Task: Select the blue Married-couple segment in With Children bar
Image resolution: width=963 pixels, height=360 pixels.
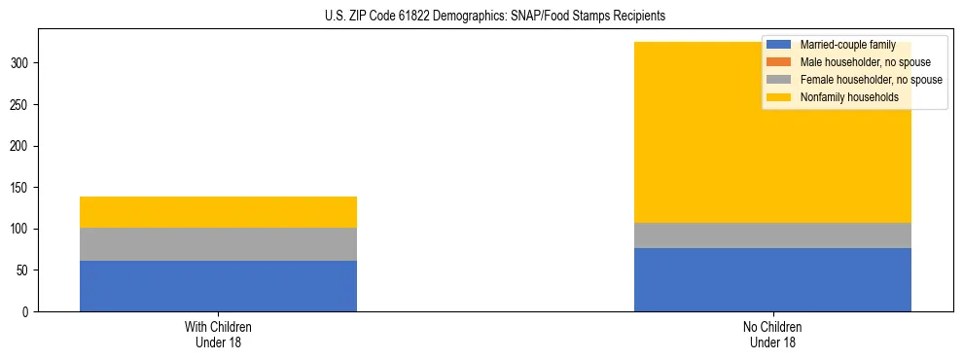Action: (218, 286)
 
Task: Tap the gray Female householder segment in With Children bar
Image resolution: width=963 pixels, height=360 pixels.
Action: (218, 244)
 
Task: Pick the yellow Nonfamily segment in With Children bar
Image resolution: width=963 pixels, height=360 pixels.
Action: (218, 212)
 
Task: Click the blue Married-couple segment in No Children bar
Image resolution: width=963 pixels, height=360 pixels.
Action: (772, 279)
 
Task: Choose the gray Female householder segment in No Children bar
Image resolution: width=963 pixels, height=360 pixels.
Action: (772, 235)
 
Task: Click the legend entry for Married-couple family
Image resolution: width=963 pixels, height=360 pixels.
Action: (845, 45)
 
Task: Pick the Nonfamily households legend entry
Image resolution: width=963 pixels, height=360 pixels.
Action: (849, 97)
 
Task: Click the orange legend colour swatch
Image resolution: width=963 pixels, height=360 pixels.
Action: (779, 62)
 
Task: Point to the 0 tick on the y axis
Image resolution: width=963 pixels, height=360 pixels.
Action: (28, 312)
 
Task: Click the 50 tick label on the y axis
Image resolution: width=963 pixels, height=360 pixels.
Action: (24, 270)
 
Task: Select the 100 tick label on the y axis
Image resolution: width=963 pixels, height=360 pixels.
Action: (21, 230)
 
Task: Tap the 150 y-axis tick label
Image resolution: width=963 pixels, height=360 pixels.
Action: (21, 188)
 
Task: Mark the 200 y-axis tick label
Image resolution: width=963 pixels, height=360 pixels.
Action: (21, 146)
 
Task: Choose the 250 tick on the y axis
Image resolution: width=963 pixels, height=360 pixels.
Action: (21, 105)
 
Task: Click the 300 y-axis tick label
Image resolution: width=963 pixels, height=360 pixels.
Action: (21, 63)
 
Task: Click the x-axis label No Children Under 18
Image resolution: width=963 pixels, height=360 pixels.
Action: (772, 335)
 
